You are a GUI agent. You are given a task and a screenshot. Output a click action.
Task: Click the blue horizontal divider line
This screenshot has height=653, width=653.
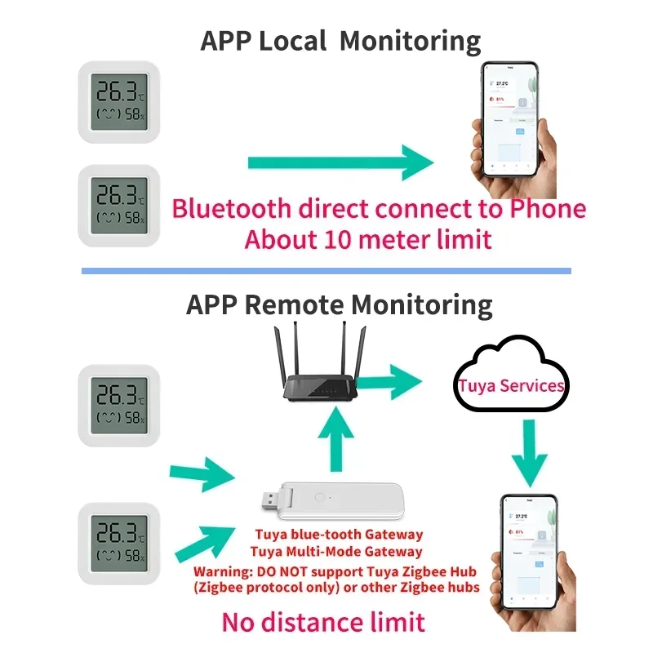pos(326,270)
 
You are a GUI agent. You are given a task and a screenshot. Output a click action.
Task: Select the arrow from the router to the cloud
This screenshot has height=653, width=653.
pos(391,379)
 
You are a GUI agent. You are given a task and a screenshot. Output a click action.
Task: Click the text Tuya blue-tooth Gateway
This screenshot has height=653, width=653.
pos(339,535)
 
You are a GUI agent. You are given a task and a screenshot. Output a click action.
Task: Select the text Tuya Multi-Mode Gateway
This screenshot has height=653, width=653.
pos(339,553)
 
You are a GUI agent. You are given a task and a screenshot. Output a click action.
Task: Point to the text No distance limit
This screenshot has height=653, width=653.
pos(323,623)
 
